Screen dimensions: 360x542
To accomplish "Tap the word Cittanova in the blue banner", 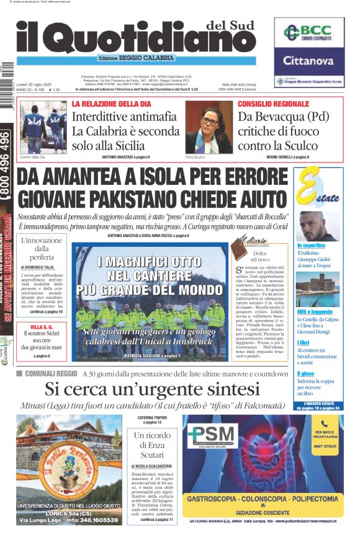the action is [x=308, y=61].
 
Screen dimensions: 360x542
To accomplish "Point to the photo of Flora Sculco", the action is [x=208, y=127].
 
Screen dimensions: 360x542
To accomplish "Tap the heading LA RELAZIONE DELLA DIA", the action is [x=110, y=104].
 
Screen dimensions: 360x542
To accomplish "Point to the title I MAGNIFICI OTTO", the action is [x=151, y=262].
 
